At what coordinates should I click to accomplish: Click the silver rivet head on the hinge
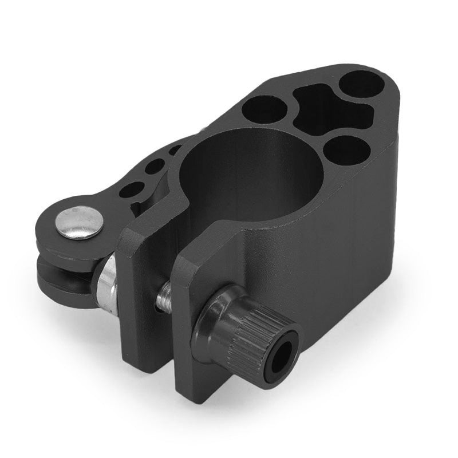(x=79, y=222)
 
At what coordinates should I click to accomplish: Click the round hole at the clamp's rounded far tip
(x=361, y=85)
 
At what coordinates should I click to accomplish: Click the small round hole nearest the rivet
(x=133, y=189)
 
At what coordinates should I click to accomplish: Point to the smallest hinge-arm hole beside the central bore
(x=173, y=150)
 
